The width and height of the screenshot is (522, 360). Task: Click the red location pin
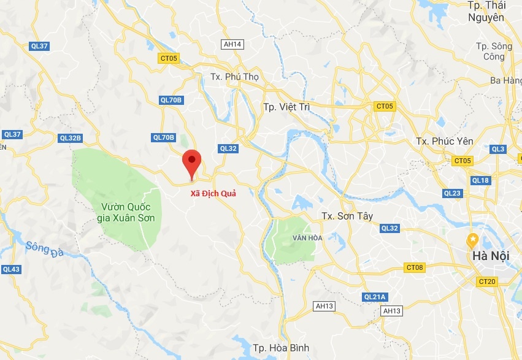193,162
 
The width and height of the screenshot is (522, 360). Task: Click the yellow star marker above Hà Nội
472,239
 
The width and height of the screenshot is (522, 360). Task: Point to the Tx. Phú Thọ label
235,77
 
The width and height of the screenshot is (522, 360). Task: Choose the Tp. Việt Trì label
286,107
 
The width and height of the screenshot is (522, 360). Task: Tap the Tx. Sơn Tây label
347,216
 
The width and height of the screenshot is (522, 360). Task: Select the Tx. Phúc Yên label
445,141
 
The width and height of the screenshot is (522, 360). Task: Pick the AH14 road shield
233,44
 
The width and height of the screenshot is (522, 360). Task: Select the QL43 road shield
11,269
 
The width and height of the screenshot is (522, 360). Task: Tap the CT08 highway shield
415,267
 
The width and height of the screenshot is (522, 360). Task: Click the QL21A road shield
375,297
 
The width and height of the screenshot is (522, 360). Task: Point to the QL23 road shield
452,193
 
